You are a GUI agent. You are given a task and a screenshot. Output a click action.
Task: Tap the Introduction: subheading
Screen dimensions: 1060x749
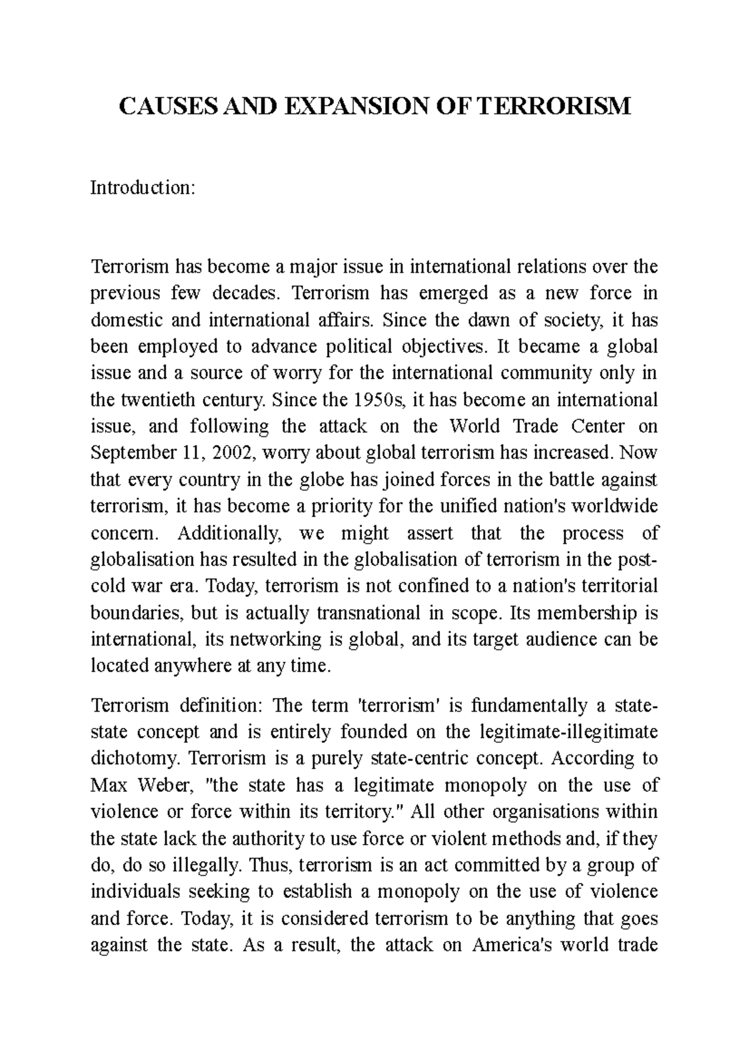[x=144, y=187]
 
